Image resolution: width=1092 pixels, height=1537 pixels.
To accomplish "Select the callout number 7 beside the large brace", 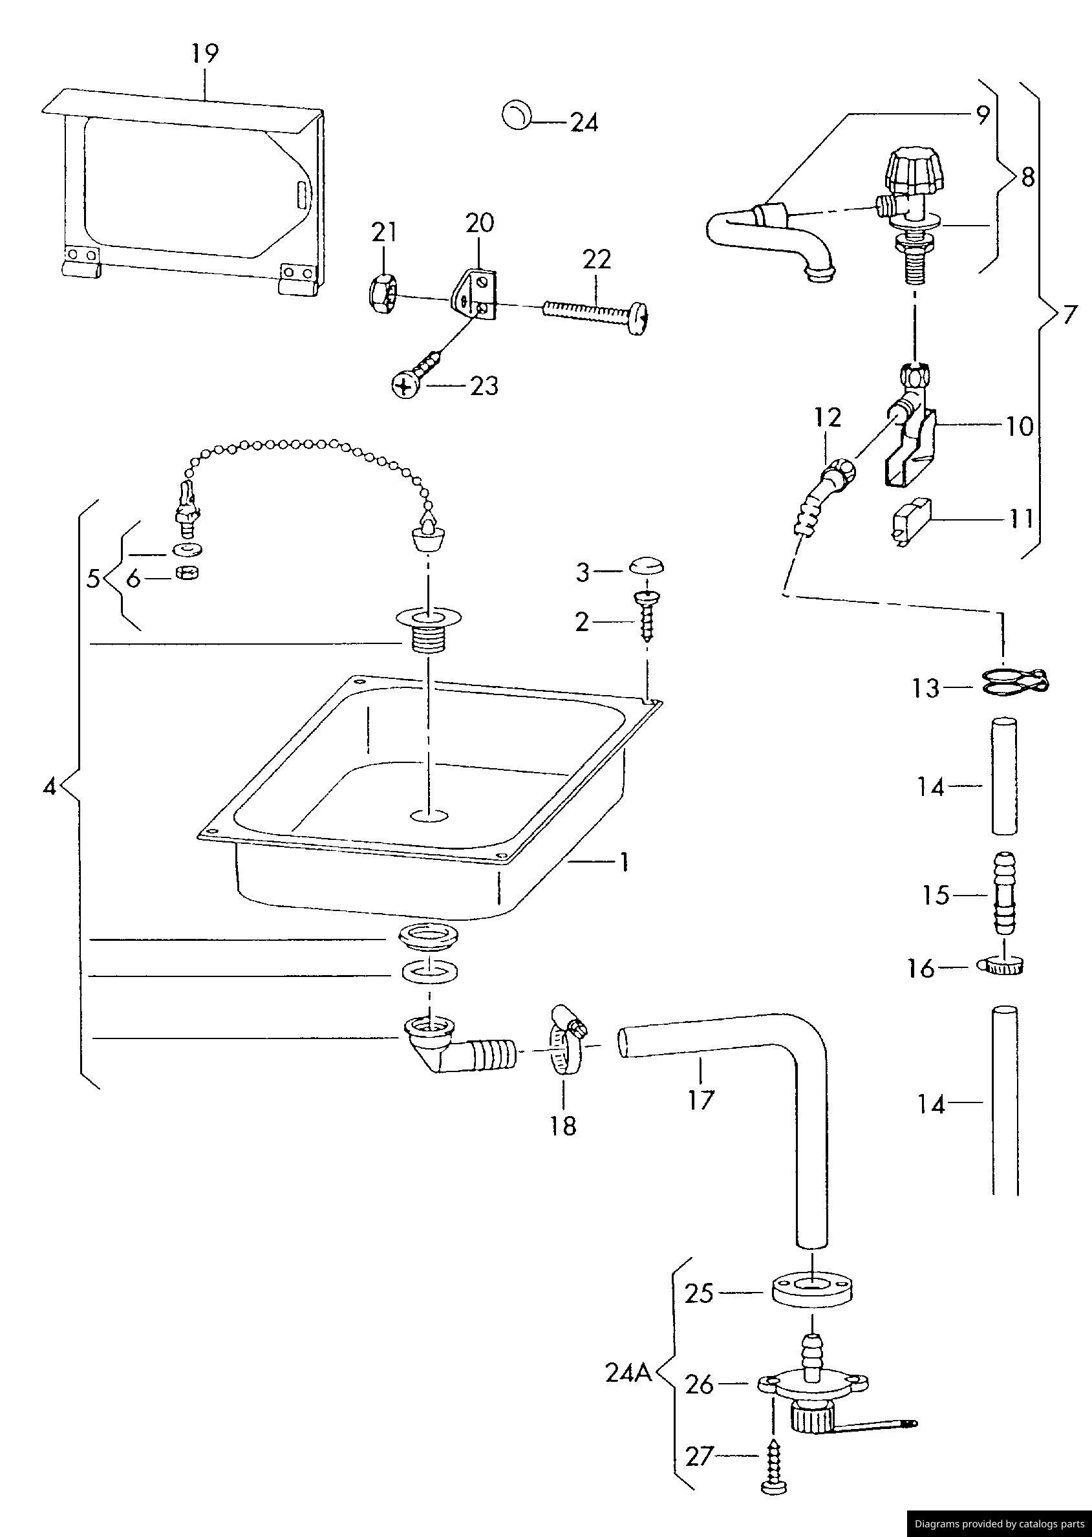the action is [x=1069, y=316].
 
